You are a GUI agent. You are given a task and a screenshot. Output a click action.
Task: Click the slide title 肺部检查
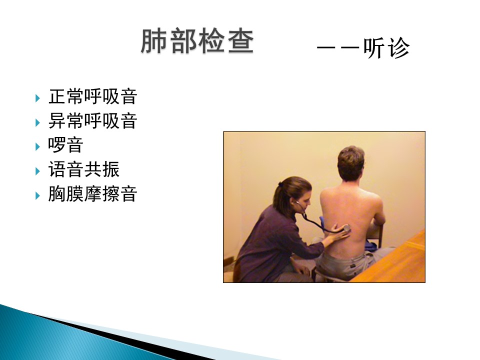[x=197, y=41]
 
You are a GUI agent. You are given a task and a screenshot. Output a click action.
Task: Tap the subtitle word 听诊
[x=386, y=48]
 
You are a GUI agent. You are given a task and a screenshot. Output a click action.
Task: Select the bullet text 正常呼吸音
[x=93, y=96]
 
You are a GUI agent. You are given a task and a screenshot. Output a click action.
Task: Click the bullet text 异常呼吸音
[x=93, y=120]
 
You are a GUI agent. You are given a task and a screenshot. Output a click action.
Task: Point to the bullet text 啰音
[x=65, y=145]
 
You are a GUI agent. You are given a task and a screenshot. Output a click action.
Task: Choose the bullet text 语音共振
[x=84, y=169]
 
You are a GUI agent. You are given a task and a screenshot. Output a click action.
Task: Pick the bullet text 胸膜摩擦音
[x=93, y=194]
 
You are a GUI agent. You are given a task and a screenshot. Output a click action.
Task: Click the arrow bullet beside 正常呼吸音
[x=37, y=98]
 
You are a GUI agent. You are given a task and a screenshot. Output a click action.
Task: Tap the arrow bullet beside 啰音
[x=37, y=146]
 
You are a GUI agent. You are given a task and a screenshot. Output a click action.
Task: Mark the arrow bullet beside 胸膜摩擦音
[x=37, y=195]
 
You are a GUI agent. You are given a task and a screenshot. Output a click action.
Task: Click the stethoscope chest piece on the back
[x=346, y=228]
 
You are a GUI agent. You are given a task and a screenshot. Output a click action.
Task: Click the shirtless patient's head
[x=351, y=163]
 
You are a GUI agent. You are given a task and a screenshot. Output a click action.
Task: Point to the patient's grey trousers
[x=346, y=263]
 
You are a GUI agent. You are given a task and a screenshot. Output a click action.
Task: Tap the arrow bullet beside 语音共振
[x=37, y=171]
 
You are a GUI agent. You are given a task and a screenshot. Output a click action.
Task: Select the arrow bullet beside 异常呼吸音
[x=37, y=123]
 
